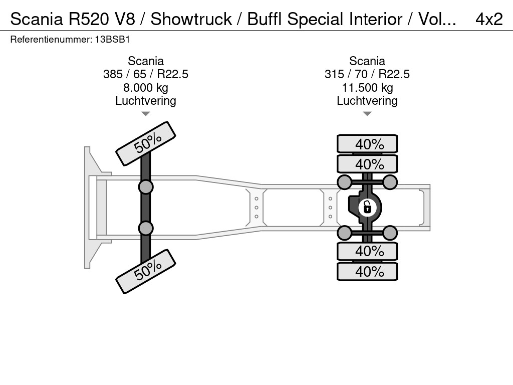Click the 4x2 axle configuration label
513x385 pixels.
(x=488, y=19)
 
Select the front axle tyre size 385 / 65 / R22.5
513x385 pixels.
(x=146, y=74)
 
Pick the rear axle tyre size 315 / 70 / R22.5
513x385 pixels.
(x=367, y=74)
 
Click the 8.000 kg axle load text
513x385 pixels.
(x=146, y=88)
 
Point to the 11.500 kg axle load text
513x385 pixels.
(x=367, y=88)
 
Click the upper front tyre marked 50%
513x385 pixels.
(x=146, y=143)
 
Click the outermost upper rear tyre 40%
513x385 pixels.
(x=367, y=144)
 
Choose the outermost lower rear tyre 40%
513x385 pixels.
(x=367, y=271)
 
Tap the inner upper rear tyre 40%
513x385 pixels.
(x=367, y=164)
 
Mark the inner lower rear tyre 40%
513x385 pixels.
(x=367, y=251)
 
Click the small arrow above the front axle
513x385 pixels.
(x=145, y=114)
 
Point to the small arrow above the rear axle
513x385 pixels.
(x=367, y=114)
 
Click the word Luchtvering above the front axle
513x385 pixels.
(x=146, y=101)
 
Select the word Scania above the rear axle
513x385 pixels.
(x=367, y=61)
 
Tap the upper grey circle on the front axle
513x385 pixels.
(x=146, y=187)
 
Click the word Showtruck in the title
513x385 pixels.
(x=191, y=19)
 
